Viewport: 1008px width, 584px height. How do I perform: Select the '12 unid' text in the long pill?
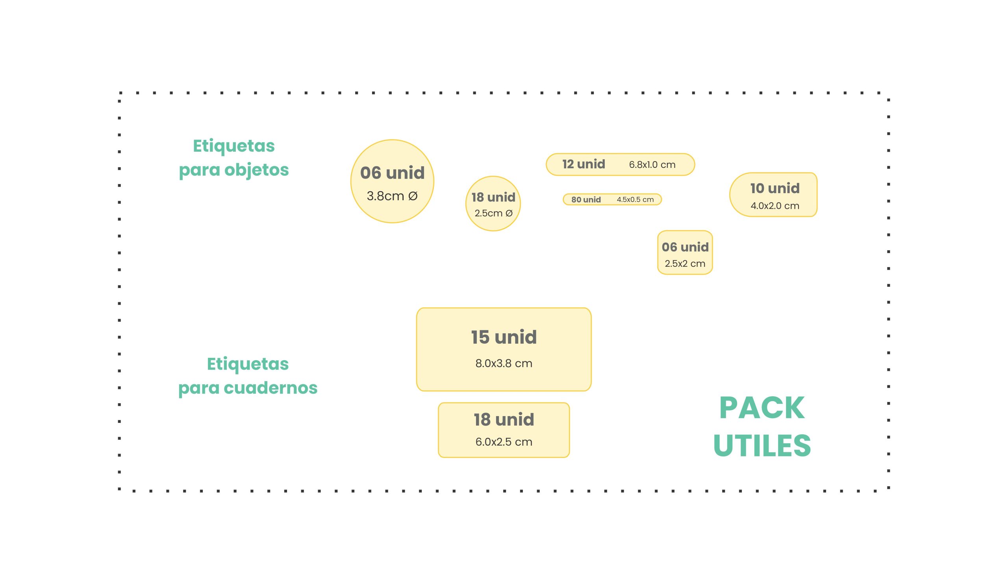[583, 164]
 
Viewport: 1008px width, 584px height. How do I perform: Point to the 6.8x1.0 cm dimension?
[652, 164]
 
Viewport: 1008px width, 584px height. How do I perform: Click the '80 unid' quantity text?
[586, 200]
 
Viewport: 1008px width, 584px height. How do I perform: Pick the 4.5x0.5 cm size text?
[635, 199]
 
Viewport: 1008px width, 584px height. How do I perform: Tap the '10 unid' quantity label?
[775, 188]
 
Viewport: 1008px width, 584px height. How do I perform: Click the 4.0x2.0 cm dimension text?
[775, 206]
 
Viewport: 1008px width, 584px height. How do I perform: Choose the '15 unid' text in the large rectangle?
[504, 337]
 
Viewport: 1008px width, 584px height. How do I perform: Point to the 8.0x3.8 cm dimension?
[504, 363]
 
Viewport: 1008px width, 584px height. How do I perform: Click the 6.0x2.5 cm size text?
[504, 442]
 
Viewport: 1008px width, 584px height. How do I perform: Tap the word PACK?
[762, 408]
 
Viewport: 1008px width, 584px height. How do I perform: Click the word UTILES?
[762, 446]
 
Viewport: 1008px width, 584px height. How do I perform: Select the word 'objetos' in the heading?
[256, 170]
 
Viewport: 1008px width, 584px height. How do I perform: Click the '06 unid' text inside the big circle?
[392, 173]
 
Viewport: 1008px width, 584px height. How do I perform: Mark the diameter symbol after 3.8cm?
[413, 196]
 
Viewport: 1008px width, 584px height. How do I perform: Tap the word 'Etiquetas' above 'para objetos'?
[233, 146]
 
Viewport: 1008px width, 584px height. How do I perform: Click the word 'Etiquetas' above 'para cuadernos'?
[248, 364]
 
